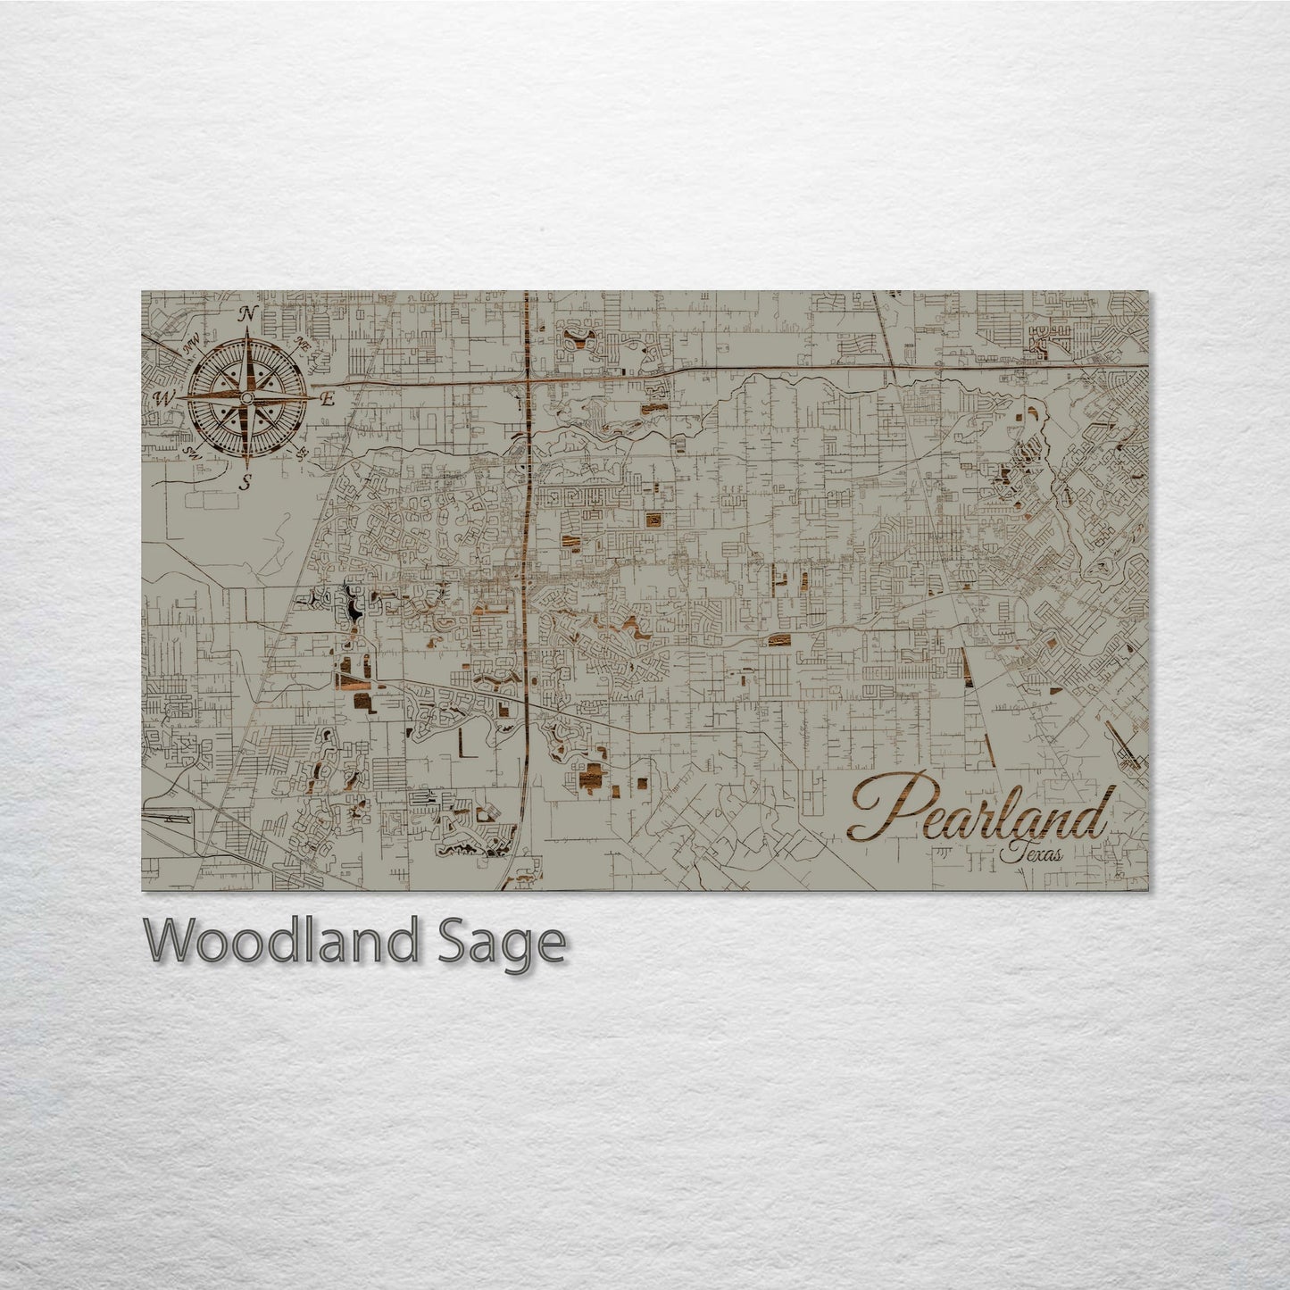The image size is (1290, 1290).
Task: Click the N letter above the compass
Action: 250,313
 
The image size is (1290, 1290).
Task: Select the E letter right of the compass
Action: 328,399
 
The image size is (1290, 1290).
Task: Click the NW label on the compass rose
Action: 190,341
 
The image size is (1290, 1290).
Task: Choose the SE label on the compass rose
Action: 302,455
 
